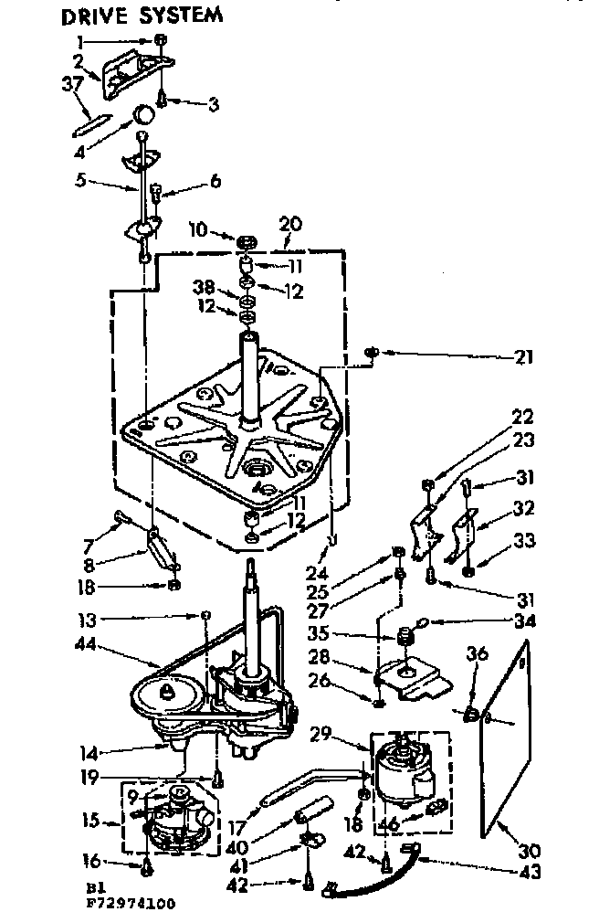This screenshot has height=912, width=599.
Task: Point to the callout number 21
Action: tap(525, 356)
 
